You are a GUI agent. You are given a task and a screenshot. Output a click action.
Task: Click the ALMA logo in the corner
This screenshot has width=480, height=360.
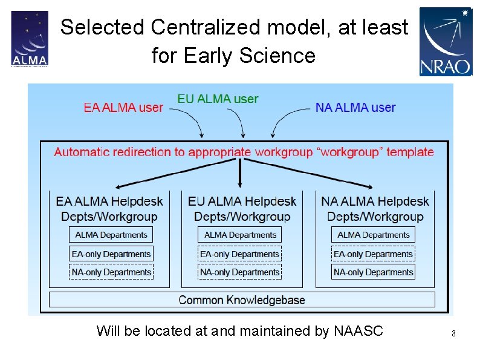(29, 39)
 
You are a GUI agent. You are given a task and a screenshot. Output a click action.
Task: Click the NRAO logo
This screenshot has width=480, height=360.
(445, 41)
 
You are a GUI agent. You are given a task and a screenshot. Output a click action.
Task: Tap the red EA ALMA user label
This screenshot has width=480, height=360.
(123, 108)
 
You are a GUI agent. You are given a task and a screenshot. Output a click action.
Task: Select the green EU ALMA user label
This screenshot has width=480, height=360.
(218, 99)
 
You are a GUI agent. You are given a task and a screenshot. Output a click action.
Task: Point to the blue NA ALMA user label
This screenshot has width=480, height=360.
(355, 108)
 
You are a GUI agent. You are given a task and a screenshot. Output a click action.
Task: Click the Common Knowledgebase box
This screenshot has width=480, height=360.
(242, 299)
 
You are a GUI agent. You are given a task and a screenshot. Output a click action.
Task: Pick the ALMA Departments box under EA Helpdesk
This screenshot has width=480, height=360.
(111, 235)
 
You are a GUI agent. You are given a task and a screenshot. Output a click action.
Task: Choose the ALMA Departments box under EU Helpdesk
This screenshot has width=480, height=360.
(240, 235)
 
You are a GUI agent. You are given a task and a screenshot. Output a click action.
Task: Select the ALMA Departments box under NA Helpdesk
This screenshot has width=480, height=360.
(373, 235)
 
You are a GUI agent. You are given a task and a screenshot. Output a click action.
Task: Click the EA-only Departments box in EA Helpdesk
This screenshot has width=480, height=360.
(111, 254)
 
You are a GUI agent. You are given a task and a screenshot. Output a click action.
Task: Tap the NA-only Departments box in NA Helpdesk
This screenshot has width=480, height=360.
(373, 272)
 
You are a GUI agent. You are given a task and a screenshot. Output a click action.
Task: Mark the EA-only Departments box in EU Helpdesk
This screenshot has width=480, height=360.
(240, 254)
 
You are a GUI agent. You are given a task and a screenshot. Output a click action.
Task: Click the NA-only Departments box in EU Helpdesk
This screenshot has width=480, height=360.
(240, 272)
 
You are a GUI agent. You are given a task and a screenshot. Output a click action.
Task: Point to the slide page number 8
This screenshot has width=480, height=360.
(453, 333)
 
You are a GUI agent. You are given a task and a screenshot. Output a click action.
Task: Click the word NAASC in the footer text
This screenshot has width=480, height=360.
(358, 331)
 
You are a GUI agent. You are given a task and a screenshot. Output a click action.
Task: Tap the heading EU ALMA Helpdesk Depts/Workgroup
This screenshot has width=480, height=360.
(242, 209)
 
